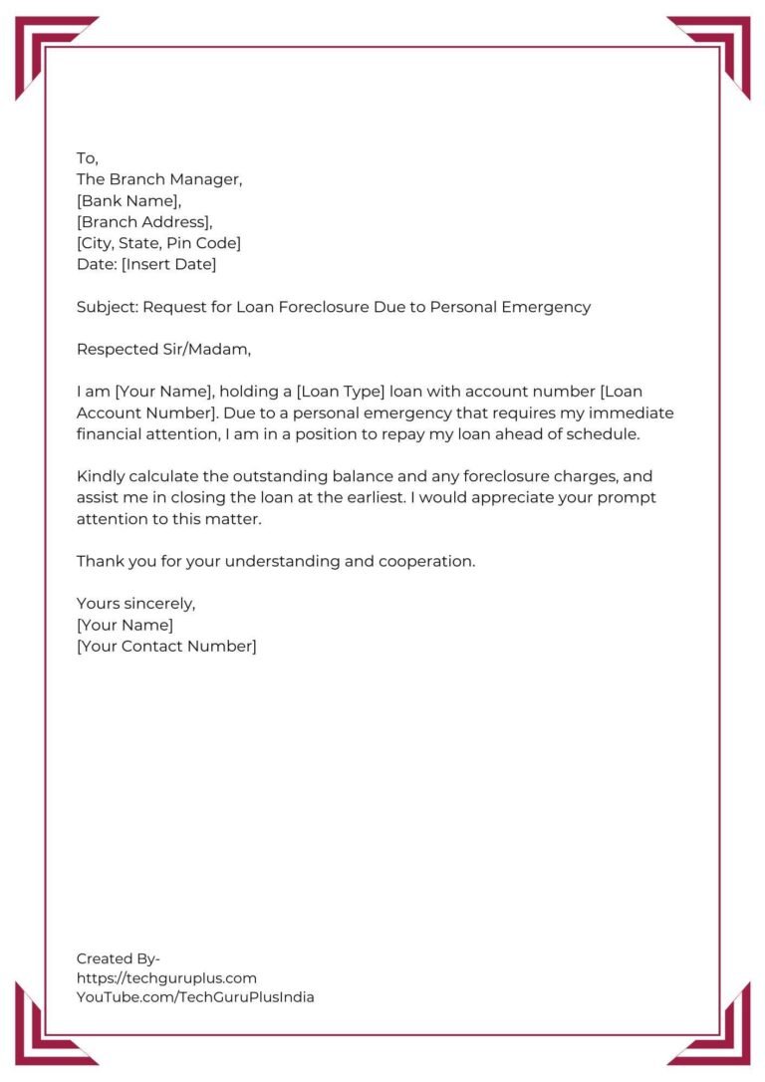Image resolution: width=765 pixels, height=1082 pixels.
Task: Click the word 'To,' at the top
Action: (88, 158)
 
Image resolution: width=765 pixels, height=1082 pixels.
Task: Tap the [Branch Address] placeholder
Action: (144, 222)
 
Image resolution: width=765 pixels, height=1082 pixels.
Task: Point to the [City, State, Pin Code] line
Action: (158, 243)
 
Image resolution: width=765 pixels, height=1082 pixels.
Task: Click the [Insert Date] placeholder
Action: (168, 264)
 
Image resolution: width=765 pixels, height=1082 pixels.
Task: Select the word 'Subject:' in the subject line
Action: (107, 307)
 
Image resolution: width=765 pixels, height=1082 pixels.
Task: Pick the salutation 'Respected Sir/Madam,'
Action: (163, 349)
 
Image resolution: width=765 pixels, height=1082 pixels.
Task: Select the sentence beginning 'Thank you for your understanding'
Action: (276, 561)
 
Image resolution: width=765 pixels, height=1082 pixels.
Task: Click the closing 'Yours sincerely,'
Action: (135, 604)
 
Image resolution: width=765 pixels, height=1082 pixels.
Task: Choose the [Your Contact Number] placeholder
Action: (166, 646)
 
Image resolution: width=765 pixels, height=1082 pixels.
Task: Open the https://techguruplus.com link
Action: (166, 977)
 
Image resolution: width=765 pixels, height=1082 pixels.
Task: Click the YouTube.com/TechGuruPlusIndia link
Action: (195, 996)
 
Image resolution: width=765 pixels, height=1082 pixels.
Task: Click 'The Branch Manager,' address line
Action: (159, 179)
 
